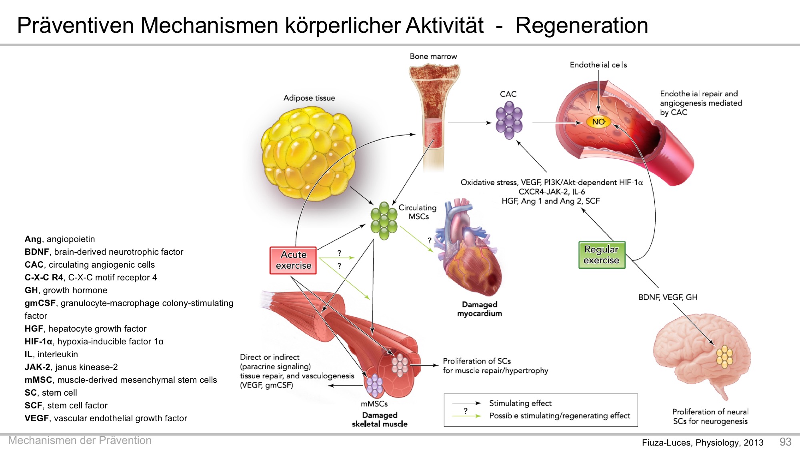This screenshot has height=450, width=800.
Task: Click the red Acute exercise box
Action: click(293, 260)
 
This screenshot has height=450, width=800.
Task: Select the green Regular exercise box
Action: click(602, 255)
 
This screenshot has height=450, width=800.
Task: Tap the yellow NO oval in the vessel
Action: click(598, 122)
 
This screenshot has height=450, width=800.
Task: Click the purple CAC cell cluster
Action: click(509, 120)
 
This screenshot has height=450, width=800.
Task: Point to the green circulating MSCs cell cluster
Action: click(384, 220)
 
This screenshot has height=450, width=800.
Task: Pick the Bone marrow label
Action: click(433, 56)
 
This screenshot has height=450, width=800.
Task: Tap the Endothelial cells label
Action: click(598, 65)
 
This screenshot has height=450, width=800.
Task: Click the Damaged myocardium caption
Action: click(480, 309)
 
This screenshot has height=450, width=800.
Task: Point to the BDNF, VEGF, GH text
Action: click(668, 297)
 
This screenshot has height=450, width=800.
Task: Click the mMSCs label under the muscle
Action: click(374, 404)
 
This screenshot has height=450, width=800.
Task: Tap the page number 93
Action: click(785, 442)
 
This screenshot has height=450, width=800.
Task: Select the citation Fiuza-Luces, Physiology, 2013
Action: click(702, 442)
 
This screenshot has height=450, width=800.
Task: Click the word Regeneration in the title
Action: click(582, 26)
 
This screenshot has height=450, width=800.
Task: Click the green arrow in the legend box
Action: click(466, 416)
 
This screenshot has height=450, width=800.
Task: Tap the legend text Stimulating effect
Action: click(520, 403)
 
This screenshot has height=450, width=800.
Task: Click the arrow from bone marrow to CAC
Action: click(470, 123)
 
